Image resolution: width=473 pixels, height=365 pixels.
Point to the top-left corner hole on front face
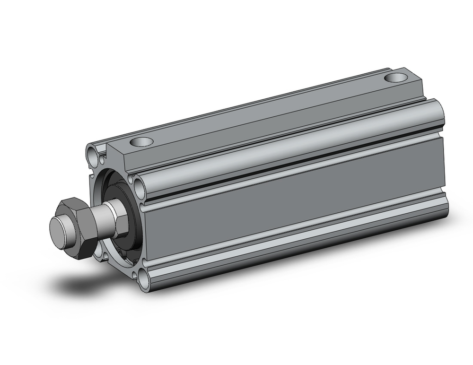92,152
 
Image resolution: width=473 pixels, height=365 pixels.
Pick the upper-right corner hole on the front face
139,185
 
